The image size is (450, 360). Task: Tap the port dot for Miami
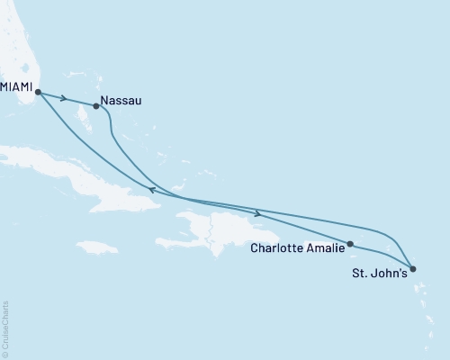[38, 91]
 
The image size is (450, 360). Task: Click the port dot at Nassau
[96, 106]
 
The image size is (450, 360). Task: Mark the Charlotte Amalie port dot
[350, 244]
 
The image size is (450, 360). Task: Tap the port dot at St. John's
[412, 268]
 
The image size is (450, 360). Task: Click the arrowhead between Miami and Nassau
[64, 97]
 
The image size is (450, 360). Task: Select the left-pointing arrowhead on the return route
[152, 190]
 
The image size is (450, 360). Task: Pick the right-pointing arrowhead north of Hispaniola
[259, 213]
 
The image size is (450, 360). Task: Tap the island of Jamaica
[97, 247]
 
